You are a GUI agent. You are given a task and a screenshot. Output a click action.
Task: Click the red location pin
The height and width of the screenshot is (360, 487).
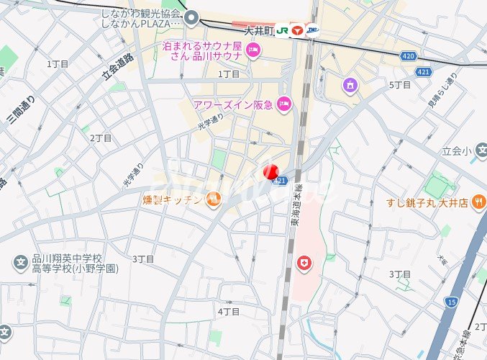(x=270, y=172)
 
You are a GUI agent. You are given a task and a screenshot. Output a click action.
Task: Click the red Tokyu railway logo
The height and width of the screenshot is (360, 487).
(x=297, y=32)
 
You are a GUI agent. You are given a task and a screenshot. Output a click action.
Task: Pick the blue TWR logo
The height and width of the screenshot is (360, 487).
(x=313, y=32)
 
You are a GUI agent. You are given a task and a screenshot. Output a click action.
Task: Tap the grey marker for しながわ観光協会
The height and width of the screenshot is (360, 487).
(x=191, y=17)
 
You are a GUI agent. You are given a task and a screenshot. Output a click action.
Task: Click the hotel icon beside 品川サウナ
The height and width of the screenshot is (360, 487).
(x=252, y=50)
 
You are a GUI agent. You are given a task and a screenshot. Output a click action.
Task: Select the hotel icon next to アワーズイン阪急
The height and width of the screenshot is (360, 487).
(x=284, y=104)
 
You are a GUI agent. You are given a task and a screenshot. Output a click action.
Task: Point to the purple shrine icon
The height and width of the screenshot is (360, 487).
(x=350, y=85)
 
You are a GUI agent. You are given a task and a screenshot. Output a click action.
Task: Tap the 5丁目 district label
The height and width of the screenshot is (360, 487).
(x=399, y=85)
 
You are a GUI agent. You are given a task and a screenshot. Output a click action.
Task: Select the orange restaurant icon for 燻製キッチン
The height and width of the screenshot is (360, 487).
(x=213, y=199)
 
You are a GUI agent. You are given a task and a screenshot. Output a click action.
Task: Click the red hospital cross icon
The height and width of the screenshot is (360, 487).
(x=305, y=264)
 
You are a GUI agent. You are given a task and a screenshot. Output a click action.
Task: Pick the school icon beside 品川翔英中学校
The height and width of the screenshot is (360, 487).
(x=21, y=260)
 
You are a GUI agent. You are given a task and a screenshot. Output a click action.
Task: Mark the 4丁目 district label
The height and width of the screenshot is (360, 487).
(x=228, y=312)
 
